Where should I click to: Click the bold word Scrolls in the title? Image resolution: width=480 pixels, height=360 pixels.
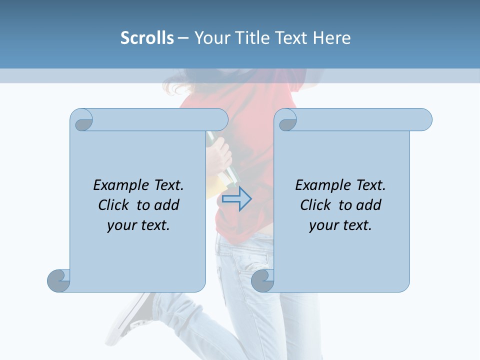point(147,38)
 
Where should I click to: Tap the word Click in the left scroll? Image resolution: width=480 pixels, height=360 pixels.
point(114,205)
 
